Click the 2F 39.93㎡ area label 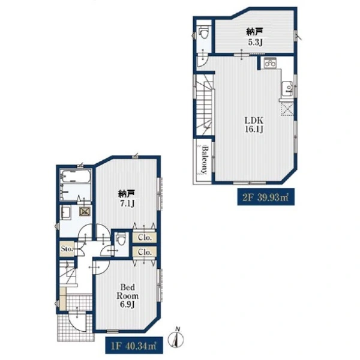point(266,197)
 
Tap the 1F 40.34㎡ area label point(134,346)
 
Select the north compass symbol point(176,338)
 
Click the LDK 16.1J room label point(254,125)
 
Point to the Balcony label point(204,160)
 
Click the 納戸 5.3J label point(254,37)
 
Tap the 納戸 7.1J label point(127,199)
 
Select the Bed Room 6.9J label point(127,296)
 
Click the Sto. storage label point(67,248)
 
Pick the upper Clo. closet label point(145,238)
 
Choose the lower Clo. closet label point(145,252)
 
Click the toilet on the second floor point(203,32)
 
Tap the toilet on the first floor point(121,239)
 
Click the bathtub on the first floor point(76,176)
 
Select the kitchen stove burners point(270,62)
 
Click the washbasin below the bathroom point(66,212)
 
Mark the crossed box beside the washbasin point(84,212)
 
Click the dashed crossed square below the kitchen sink point(287,109)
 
